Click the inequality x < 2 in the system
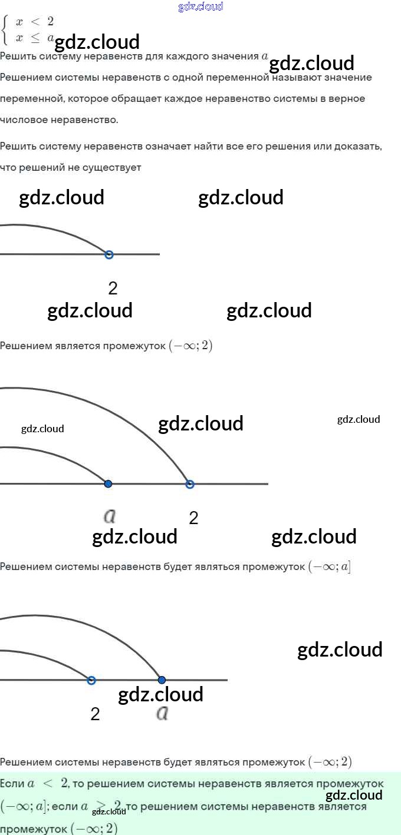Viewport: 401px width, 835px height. point(35,22)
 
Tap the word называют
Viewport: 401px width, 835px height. point(302,77)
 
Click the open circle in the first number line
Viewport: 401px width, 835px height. point(109,254)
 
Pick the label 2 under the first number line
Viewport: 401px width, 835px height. point(113,288)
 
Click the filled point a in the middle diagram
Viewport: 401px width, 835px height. point(108,484)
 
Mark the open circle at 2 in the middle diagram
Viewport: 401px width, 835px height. point(190,484)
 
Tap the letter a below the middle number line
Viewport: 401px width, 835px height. point(109,516)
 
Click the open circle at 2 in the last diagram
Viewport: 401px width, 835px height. point(91,680)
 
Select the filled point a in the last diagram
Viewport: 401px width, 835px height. point(162,680)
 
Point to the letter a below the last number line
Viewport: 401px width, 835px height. point(163,714)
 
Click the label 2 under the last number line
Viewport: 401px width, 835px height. point(95,714)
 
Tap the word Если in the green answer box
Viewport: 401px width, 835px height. point(12,784)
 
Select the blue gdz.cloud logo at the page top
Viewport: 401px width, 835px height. point(200,6)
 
